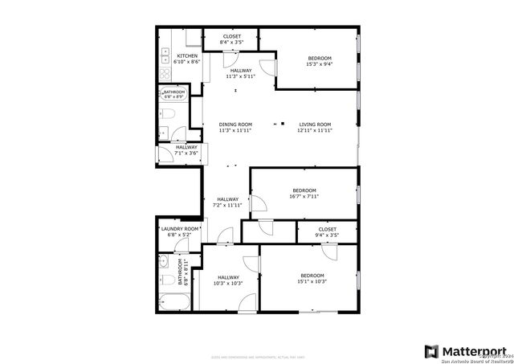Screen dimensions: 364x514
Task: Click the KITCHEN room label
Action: pos(177,56)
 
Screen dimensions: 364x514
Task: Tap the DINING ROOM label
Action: pos(235,125)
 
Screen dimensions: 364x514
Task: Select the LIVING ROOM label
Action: pos(315,125)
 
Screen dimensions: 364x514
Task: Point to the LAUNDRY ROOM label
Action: pos(179,229)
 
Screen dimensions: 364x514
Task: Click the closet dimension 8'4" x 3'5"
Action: pos(232,42)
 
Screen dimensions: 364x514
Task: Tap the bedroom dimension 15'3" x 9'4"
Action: pos(320,65)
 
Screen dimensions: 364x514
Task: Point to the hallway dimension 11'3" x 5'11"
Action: pos(240,77)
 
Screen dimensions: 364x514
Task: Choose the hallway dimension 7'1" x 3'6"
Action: pos(186,153)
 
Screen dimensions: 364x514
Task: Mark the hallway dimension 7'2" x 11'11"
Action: pos(228,205)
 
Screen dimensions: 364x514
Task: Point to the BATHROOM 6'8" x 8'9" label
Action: pos(174,94)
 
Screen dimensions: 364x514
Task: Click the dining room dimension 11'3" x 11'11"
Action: pos(235,130)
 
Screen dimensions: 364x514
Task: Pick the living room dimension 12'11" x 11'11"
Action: pos(315,130)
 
